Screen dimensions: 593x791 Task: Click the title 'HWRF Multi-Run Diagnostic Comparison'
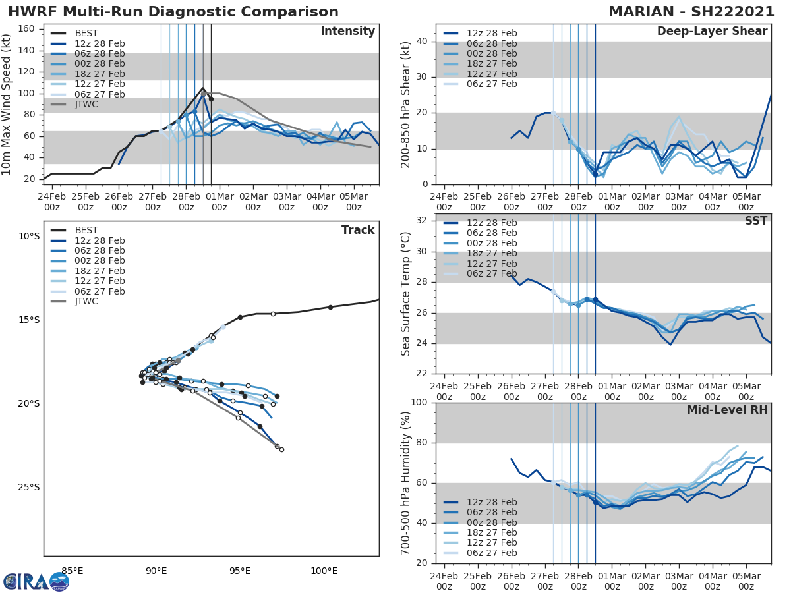pos(173,12)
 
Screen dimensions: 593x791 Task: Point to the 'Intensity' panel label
pos(347,32)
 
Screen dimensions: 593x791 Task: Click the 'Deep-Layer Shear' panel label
pos(712,32)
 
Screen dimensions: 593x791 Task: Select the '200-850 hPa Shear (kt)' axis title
pos(406,104)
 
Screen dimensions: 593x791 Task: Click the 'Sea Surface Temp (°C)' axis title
pos(406,294)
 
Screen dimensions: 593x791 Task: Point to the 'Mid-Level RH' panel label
pos(727,410)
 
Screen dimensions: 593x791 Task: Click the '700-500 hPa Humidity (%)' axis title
pos(406,482)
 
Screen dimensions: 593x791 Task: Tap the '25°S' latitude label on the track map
pos(28,487)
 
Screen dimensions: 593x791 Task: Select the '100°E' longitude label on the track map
pos(324,571)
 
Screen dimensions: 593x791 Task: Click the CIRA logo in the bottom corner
pos(36,582)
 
